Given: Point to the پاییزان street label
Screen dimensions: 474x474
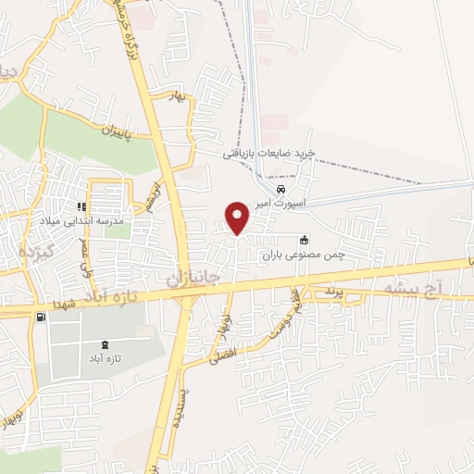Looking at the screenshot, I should coord(118,128).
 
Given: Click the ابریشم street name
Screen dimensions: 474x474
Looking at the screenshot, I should coord(149,196).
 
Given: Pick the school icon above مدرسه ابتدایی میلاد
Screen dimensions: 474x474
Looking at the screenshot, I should coord(81,206).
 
